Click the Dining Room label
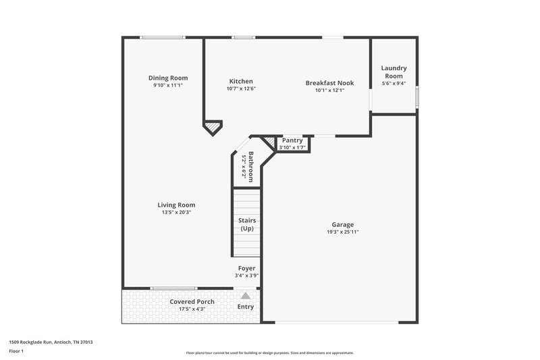tap(168, 78)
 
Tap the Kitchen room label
tap(241, 81)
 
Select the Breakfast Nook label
tap(329, 83)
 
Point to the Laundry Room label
tap(394, 72)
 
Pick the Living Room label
tap(176, 205)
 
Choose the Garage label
tap(342, 225)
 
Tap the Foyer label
tap(246, 268)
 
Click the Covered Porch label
tap(192, 301)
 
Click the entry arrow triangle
tap(246, 296)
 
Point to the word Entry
tap(246, 307)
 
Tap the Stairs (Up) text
tap(246, 225)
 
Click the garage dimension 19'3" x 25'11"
tap(342, 232)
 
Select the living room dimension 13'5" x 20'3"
tap(176, 213)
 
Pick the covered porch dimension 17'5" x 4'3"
tap(192, 309)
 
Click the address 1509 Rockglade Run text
tap(51, 342)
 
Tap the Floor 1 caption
tap(16, 351)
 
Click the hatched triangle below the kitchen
tap(213, 126)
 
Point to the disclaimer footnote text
tap(269, 353)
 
